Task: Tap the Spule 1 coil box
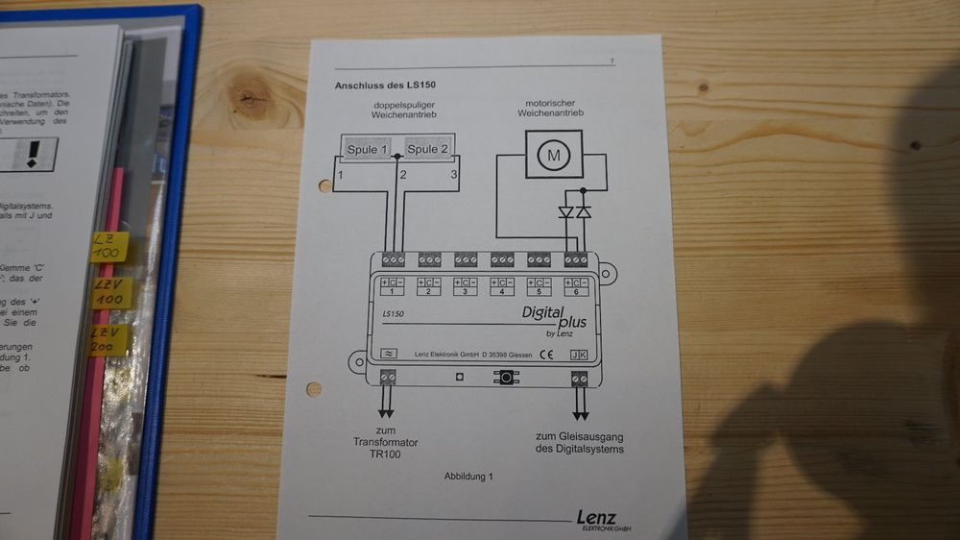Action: [x=370, y=150]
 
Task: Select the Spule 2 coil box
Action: [x=426, y=150]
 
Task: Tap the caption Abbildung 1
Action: [x=468, y=476]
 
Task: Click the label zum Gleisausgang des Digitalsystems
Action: [x=578, y=443]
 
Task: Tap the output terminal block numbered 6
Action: [x=575, y=259]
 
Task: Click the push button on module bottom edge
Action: [x=502, y=377]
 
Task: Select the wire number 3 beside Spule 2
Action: [x=453, y=175]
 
